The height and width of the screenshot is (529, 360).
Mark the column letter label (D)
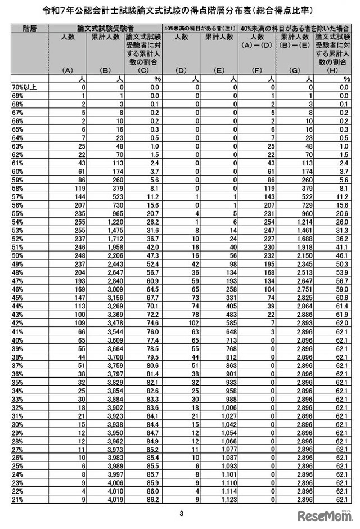(x=181, y=71)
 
